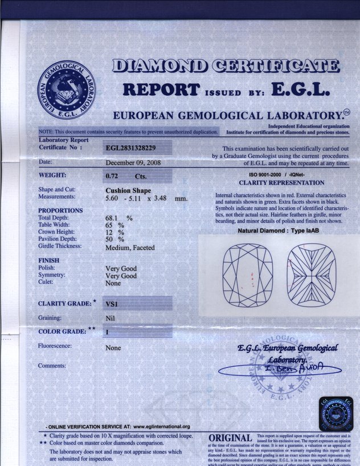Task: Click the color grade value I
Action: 107,331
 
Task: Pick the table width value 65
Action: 109,225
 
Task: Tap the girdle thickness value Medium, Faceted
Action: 130,247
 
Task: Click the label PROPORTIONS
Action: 60,210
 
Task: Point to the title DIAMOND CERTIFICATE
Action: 226,67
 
